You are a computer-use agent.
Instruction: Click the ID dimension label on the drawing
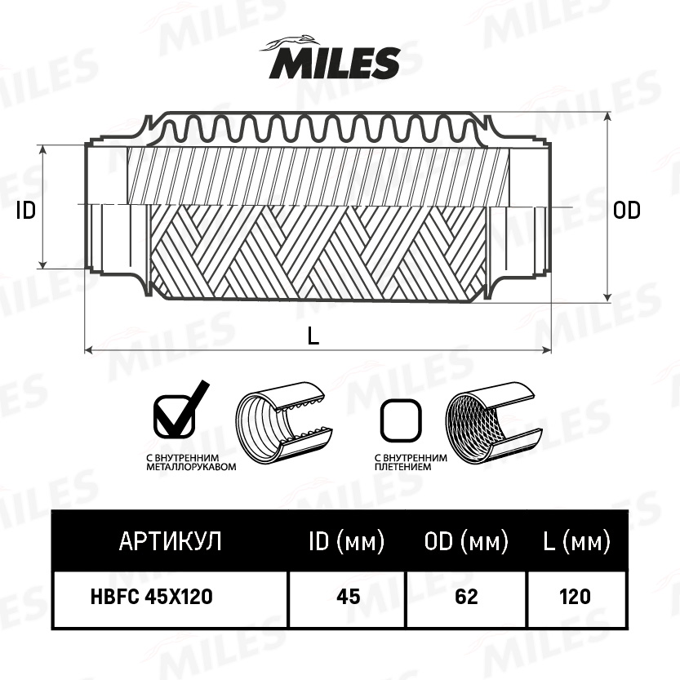25,211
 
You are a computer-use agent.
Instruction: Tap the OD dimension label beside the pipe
626,211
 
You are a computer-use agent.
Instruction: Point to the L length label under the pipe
313,336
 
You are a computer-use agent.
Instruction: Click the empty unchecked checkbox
401,420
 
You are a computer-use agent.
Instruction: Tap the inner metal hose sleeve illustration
284,422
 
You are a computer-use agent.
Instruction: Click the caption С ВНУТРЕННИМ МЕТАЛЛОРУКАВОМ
191,462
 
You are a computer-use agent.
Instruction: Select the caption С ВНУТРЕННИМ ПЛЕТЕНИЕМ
411,462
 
